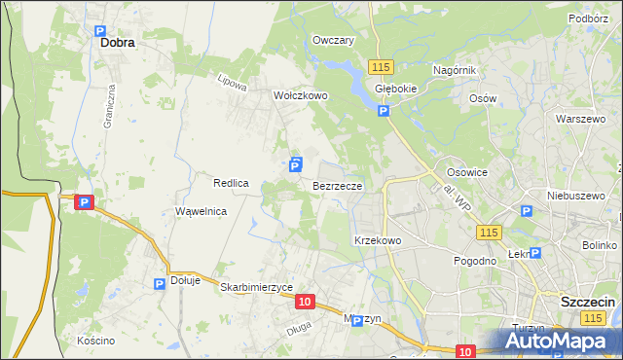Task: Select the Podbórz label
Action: click(589, 18)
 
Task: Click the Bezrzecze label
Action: click(338, 185)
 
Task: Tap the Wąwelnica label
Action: click(201, 211)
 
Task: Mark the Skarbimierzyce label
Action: click(257, 288)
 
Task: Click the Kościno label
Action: click(95, 341)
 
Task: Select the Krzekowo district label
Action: click(378, 239)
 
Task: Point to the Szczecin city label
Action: click(588, 303)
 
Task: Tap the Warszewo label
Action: click(581, 119)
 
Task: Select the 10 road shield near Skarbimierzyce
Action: click(306, 303)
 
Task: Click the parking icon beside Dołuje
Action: click(160, 283)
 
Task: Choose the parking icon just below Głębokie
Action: click(384, 111)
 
